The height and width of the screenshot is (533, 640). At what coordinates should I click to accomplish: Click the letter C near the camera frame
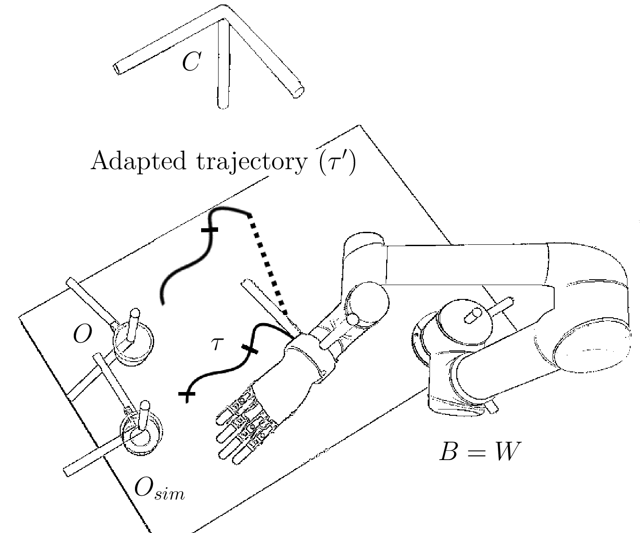[x=191, y=62]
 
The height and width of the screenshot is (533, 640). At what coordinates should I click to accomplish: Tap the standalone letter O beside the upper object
[x=83, y=334]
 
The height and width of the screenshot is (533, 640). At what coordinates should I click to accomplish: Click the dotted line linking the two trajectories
[x=268, y=264]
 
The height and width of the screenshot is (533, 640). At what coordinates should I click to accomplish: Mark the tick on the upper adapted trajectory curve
[x=209, y=230]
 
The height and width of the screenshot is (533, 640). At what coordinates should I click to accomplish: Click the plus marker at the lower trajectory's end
[x=187, y=394]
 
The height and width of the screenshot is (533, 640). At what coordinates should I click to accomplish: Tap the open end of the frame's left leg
[x=116, y=69]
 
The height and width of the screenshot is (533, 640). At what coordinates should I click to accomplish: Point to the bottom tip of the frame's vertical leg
[x=223, y=106]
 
